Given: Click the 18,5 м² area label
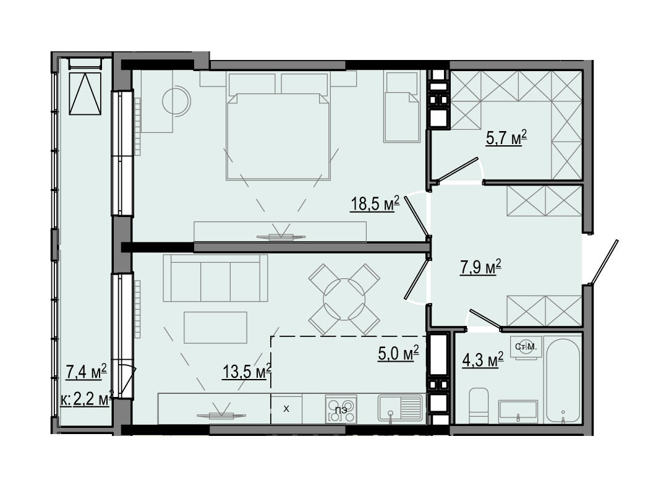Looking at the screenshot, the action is [375, 203].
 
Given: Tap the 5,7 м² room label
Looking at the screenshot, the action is [506, 138].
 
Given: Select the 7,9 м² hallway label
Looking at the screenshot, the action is [481, 267].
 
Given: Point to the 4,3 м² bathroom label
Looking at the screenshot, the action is [483, 359].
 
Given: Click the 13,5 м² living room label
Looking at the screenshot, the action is [247, 371].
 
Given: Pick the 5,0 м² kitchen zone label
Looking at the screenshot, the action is [399, 353].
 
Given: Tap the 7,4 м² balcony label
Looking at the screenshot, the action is [87, 372].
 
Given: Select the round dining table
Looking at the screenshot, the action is [344, 299].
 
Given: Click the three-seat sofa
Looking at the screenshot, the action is [215, 278].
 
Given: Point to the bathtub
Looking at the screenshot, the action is [563, 380].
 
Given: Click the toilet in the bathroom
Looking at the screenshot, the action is [479, 406].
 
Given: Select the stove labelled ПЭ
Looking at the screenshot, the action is [341, 409].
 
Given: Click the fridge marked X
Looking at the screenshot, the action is [286, 409].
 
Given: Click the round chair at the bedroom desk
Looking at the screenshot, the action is [176, 100].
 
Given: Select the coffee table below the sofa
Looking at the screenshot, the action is [215, 327].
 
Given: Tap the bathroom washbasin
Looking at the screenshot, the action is [518, 411].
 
